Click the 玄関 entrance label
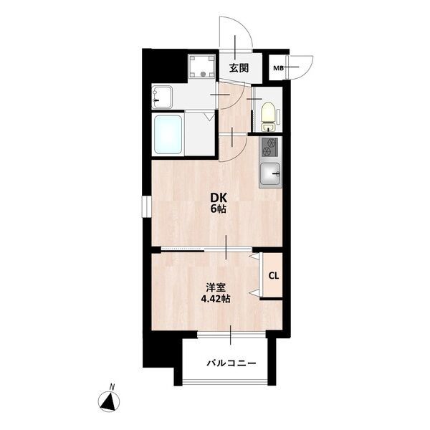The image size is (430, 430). click(x=239, y=68)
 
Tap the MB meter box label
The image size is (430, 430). click(x=278, y=68)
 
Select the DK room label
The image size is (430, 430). click(x=219, y=197)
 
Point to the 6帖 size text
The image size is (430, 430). click(x=219, y=209)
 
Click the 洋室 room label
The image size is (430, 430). click(x=216, y=287)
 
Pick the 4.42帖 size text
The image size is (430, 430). click(x=216, y=299)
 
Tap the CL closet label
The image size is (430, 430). click(x=274, y=276)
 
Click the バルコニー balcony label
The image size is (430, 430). click(x=231, y=363)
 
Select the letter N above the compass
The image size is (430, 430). click(x=112, y=387)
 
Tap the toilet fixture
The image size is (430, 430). click(x=269, y=116)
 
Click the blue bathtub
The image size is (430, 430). click(x=168, y=135)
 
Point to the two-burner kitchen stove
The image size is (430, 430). click(x=269, y=147)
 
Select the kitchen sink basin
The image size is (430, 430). click(x=270, y=173)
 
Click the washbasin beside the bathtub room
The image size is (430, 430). click(x=162, y=97)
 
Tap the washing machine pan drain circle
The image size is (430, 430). click(x=203, y=74)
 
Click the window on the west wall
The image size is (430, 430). click(x=146, y=206)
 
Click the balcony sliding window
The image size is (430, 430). click(x=231, y=335)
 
